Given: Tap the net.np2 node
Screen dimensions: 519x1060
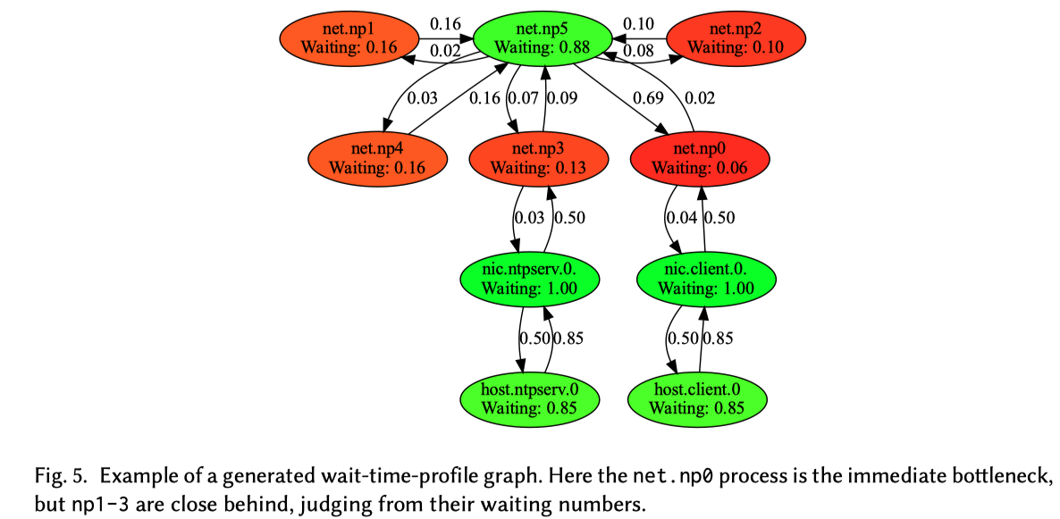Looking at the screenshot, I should tap(737, 38).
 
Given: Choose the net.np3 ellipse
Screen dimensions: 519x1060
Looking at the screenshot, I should tap(538, 159).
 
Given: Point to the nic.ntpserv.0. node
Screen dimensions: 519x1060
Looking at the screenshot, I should tap(529, 280).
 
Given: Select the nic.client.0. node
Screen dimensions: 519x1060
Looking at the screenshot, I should tap(706, 280).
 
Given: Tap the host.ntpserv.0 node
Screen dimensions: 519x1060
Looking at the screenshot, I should tap(529, 399).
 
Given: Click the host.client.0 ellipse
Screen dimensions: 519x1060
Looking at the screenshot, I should tap(697, 399).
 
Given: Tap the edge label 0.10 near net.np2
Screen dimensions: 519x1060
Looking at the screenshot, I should tap(638, 22).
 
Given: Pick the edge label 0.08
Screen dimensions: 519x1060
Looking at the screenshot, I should tap(638, 51).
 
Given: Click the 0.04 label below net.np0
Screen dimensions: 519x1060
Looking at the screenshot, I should tap(682, 217).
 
